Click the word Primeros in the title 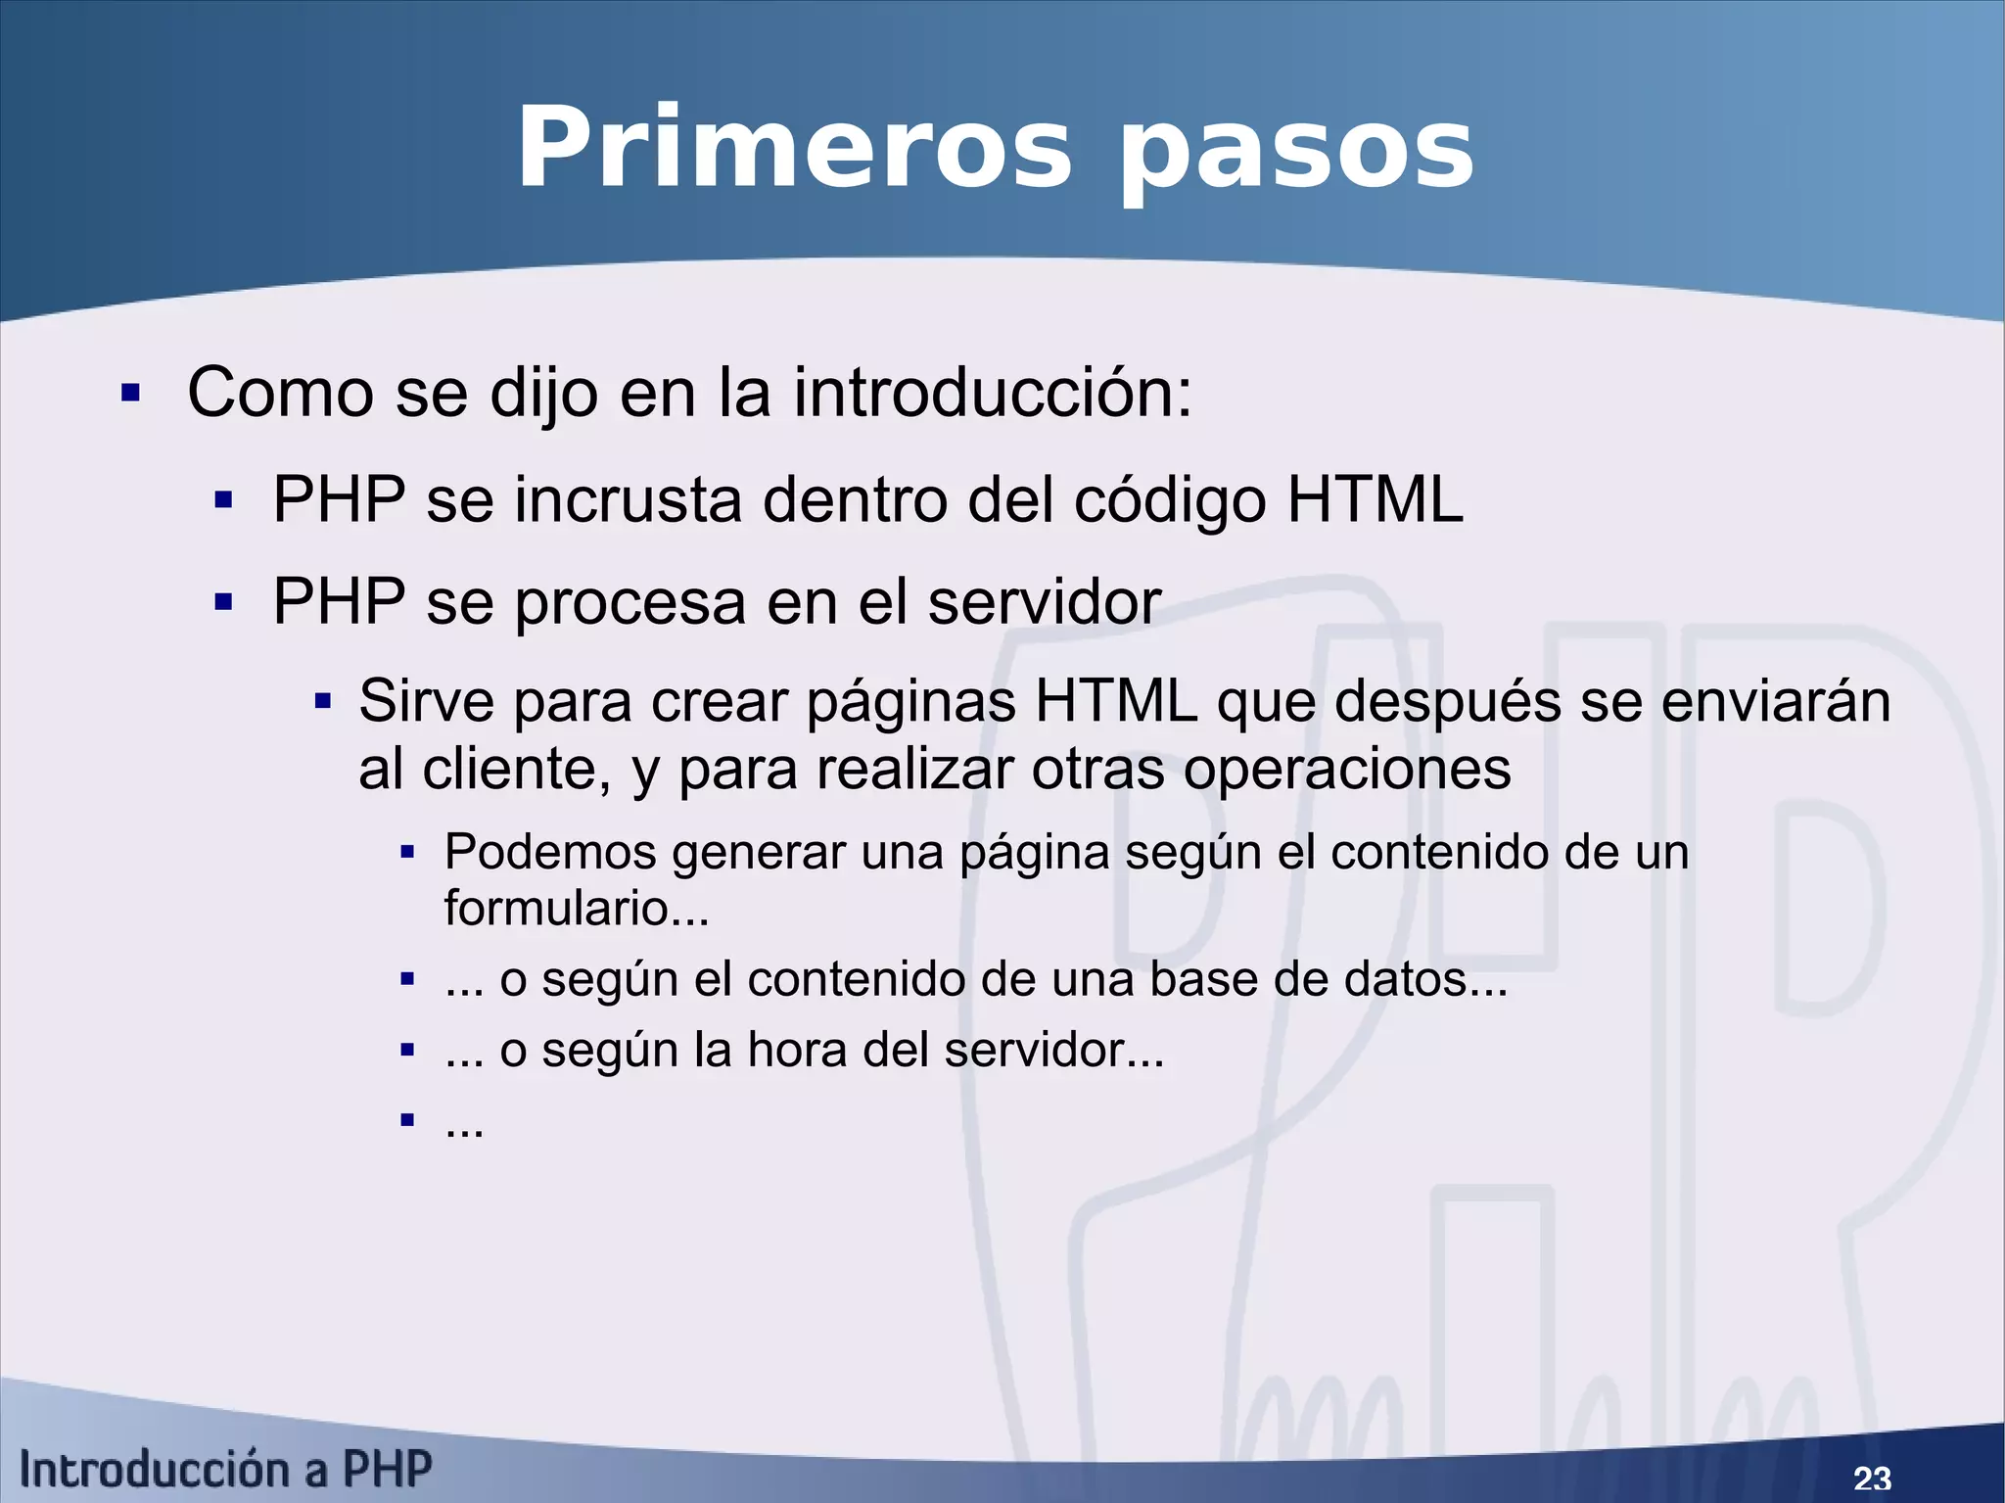[x=794, y=150]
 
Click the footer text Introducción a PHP [x=225, y=1470]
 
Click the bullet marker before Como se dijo [x=130, y=394]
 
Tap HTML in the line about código [x=1375, y=500]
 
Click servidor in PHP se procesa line [x=1044, y=601]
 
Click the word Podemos [x=549, y=852]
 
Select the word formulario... [x=556, y=908]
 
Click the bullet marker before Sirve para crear [x=323, y=702]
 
